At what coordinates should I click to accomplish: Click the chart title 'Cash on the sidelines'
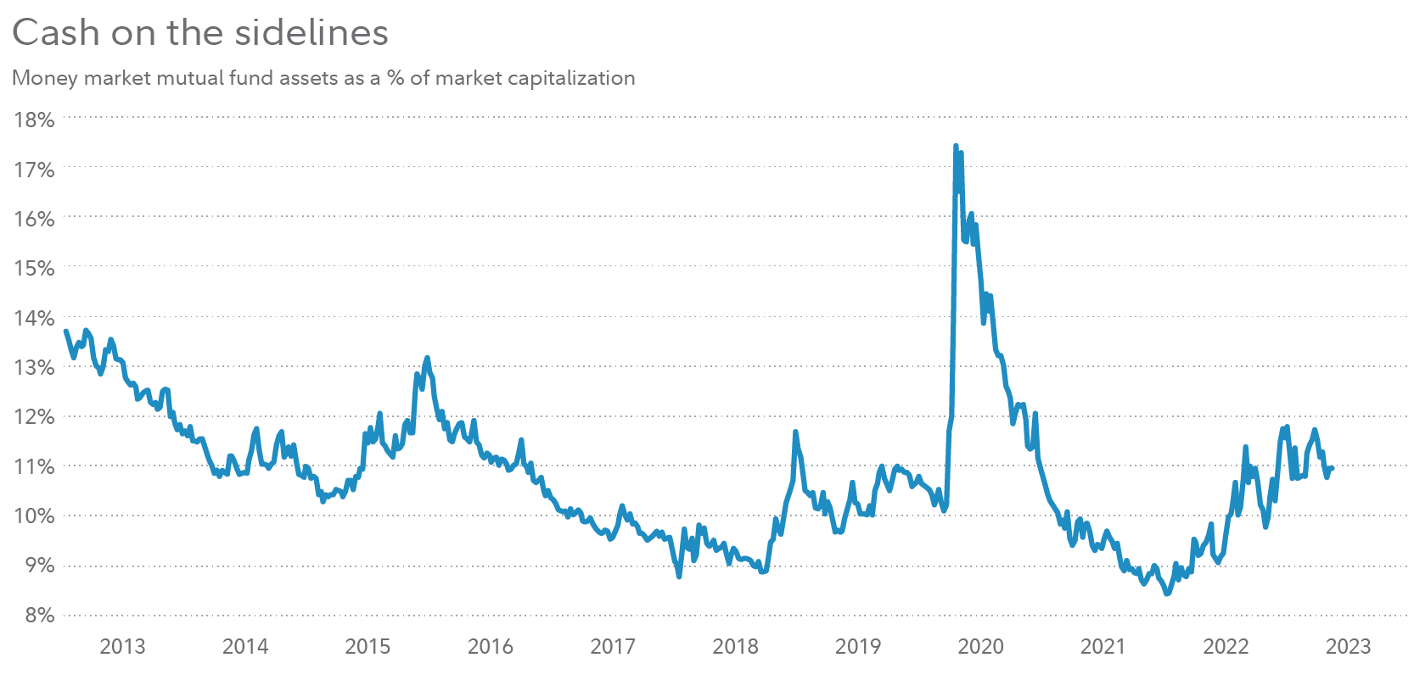200,32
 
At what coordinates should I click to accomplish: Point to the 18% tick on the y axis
34,120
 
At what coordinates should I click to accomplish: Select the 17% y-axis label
34,170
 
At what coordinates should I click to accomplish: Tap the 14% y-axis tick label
34,318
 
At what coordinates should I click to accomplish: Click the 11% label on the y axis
34,466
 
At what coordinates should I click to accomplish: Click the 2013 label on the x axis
122,647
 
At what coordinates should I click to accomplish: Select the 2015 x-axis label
368,647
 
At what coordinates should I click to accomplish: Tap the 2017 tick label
613,647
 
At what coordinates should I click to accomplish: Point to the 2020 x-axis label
980,647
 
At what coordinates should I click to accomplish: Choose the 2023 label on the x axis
1348,647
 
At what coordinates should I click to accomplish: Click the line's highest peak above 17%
956,146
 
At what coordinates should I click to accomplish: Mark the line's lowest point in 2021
1167,594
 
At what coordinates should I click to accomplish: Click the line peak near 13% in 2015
427,358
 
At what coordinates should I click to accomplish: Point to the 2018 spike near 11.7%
795,432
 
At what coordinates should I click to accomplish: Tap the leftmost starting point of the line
65,331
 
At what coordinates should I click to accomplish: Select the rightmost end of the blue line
1333,468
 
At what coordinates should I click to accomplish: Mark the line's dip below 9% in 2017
679,577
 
